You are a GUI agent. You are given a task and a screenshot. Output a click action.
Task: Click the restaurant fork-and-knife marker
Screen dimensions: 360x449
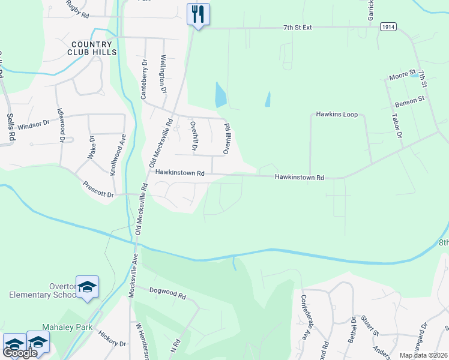coord(198,13)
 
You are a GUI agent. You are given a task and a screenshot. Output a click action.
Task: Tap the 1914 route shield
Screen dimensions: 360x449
coord(387,27)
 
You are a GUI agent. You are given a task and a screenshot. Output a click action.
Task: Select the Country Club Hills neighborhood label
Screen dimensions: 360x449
coord(92,48)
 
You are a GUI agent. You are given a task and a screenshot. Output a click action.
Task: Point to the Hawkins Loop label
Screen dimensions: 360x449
coord(337,114)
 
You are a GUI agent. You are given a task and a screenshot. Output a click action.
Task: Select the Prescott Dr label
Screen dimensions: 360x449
coord(98,194)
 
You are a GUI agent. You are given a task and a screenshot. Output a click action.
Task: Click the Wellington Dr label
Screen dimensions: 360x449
coord(163,74)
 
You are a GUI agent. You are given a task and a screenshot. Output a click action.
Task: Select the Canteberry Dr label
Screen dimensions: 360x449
coord(143,79)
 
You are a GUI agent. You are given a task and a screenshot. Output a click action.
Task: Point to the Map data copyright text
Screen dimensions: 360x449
coord(424,355)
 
